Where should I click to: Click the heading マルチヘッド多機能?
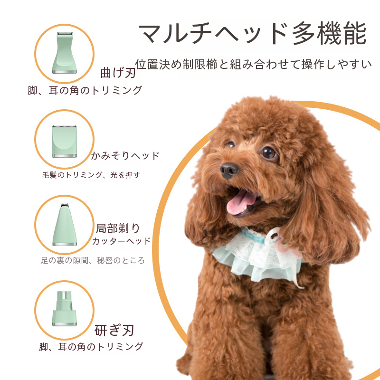[253, 33]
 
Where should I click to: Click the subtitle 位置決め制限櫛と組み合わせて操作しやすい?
[253, 64]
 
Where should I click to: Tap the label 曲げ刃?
[118, 73]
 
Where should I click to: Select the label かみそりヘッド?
[125, 156]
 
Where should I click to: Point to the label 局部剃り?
[118, 228]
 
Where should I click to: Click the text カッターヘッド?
[122, 241]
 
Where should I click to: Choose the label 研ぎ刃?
[114, 330]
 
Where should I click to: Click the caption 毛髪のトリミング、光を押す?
[91, 175]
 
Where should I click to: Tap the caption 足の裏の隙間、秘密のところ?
[93, 260]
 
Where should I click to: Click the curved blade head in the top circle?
[65, 53]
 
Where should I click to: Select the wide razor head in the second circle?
[65, 142]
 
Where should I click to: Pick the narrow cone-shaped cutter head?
[65, 225]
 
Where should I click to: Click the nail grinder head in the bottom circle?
[65, 308]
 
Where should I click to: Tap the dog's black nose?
[229, 170]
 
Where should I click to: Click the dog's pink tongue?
[240, 202]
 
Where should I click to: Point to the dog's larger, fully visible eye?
[269, 153]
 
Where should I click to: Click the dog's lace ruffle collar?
[257, 257]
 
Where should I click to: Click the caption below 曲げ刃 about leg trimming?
[85, 90]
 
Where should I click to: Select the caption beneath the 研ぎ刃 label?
[91, 347]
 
